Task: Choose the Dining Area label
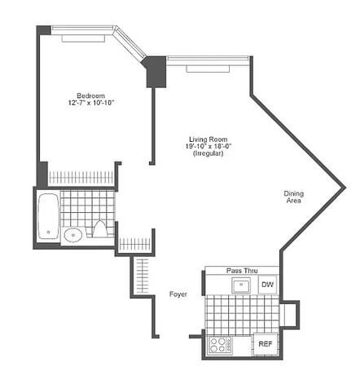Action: tap(293, 197)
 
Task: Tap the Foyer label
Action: tap(179, 294)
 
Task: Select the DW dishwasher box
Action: tap(267, 285)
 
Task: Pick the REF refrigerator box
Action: tap(265, 344)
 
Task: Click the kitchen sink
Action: tap(241, 285)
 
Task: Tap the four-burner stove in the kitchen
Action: tap(220, 344)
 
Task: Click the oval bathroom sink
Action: tap(73, 235)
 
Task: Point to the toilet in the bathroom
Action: tap(100, 229)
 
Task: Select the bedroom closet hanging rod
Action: tap(81, 176)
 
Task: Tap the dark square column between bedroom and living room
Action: tap(154, 71)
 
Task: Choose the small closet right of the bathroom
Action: tap(134, 245)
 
